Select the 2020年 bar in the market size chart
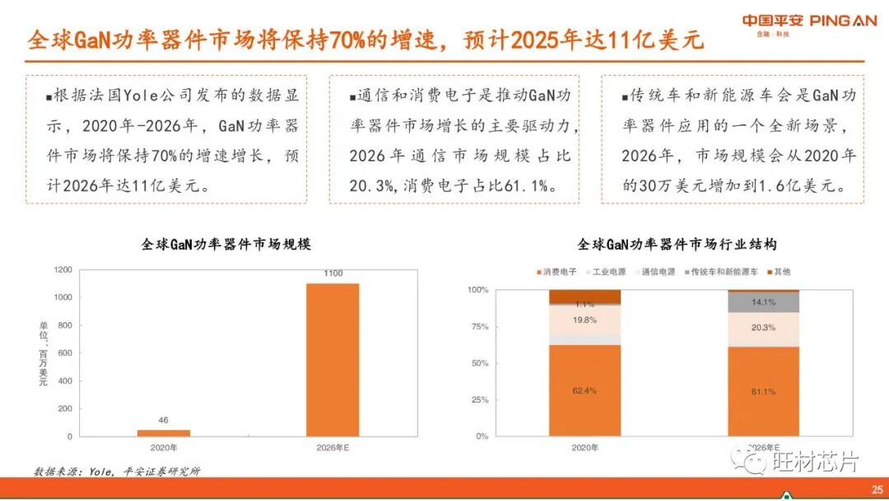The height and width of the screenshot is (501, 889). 163,433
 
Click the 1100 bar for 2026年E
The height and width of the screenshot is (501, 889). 333,359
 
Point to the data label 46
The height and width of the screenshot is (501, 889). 163,420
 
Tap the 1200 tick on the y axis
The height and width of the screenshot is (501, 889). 63,269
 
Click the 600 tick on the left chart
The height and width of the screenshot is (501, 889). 63,353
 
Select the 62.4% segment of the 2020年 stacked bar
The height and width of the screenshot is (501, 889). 584,391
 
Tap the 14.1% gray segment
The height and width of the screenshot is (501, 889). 763,302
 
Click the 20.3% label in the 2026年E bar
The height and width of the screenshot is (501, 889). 763,327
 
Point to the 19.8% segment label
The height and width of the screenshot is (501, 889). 584,320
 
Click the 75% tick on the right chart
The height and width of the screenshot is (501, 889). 478,326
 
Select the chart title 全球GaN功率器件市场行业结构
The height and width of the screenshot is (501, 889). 677,245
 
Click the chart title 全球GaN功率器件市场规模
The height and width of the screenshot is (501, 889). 226,245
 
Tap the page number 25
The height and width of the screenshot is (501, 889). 877,488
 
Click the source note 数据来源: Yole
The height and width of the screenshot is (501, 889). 116,471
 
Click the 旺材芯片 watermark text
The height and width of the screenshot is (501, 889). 807,461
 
